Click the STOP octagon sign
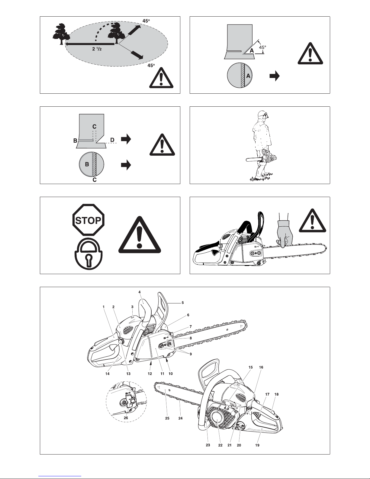(x=88, y=220)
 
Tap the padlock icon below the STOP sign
(x=88, y=254)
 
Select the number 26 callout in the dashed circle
(x=126, y=418)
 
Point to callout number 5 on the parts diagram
(x=182, y=303)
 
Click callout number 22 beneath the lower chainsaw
(x=220, y=445)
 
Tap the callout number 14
(x=107, y=374)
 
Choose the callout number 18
(x=276, y=394)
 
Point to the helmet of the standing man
(x=263, y=114)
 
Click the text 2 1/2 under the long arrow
(x=97, y=49)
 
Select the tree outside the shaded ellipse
(x=61, y=34)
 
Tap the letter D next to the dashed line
(x=112, y=140)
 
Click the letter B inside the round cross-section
(x=87, y=164)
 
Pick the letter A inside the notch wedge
(x=252, y=51)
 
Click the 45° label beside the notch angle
(x=262, y=47)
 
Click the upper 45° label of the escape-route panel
(x=146, y=21)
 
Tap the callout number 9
(x=191, y=354)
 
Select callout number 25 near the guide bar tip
(x=167, y=418)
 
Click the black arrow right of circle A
(x=275, y=76)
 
